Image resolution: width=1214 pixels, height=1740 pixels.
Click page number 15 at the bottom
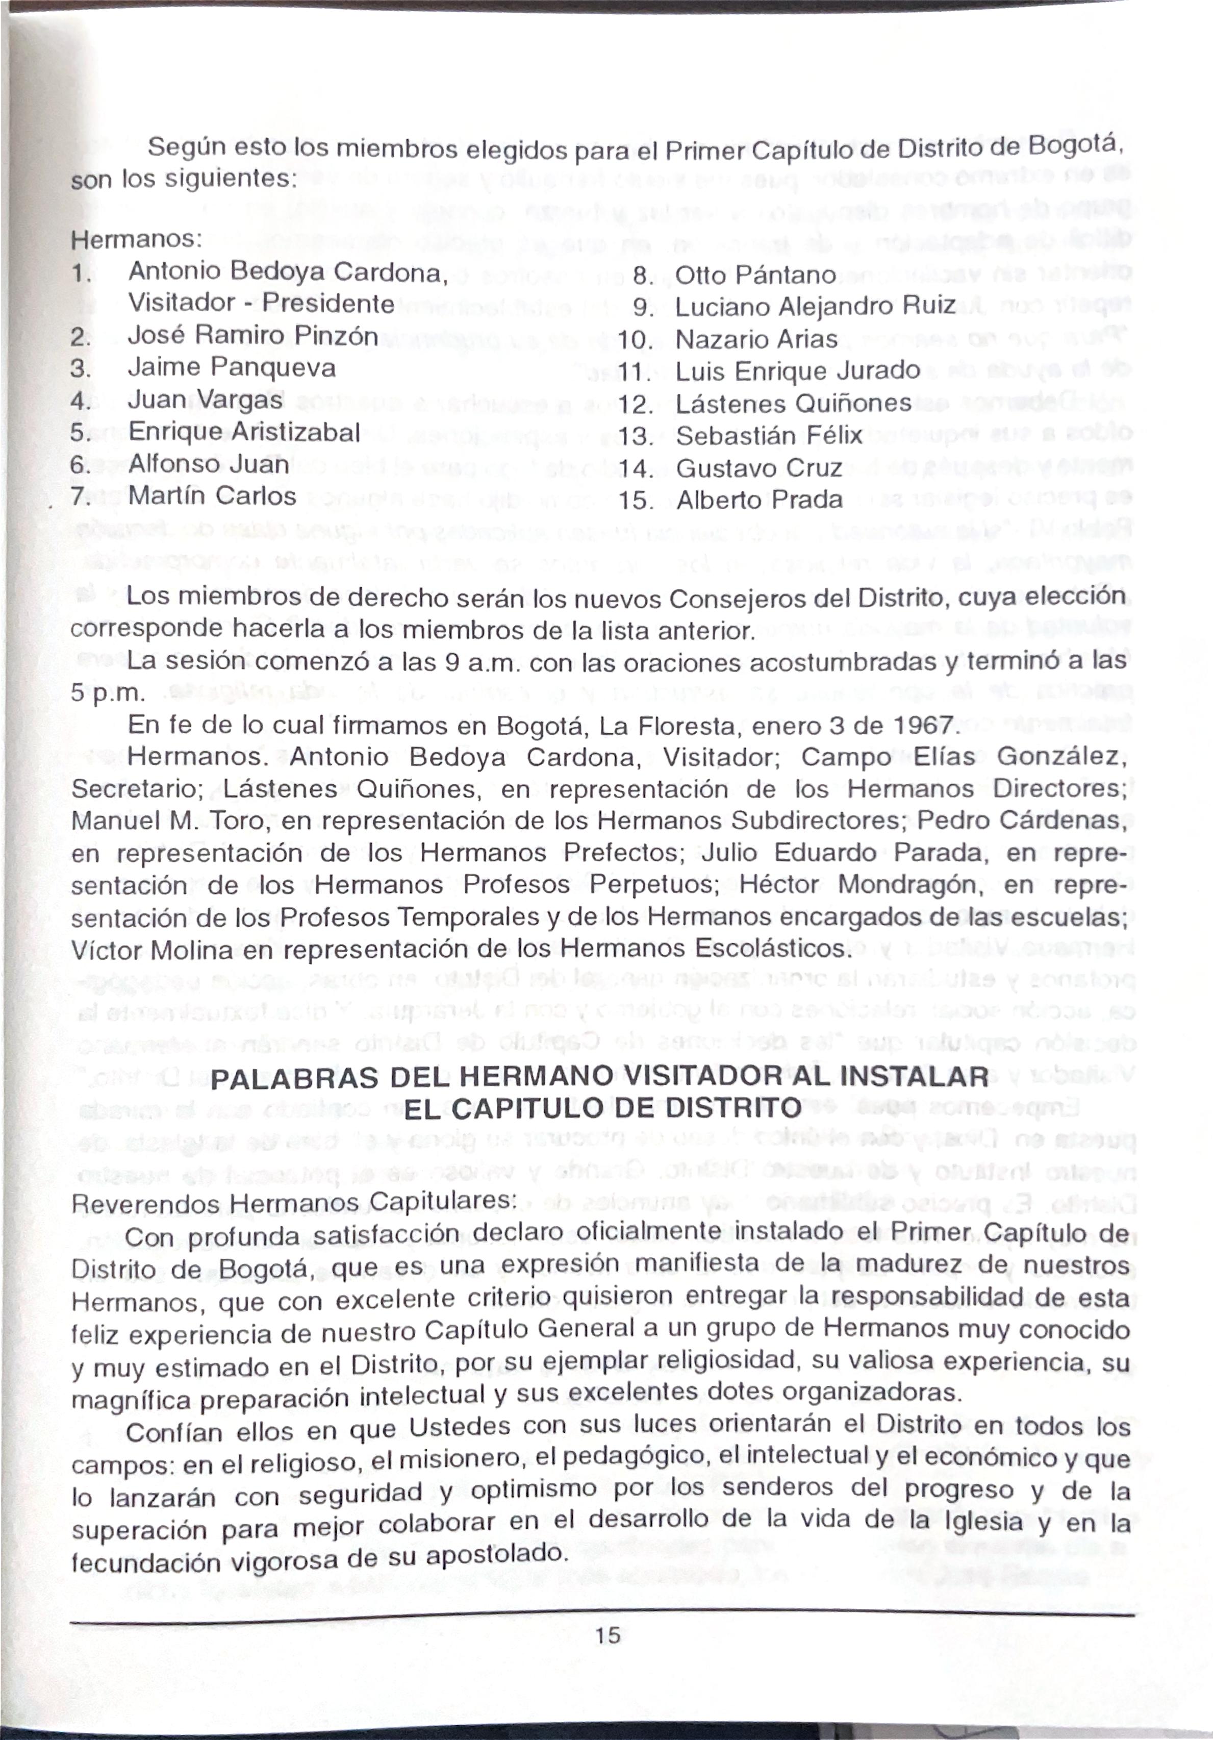point(607,1635)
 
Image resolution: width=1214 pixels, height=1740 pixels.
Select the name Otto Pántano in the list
point(755,275)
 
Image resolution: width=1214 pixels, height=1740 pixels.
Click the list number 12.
point(635,405)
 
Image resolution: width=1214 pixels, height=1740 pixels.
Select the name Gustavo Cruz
point(758,468)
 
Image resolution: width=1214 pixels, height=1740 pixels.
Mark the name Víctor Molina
point(151,950)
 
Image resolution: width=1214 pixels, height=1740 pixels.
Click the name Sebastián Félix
point(768,436)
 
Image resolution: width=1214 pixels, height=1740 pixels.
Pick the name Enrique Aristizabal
point(244,432)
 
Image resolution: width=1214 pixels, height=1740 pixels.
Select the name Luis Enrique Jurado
point(797,371)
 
